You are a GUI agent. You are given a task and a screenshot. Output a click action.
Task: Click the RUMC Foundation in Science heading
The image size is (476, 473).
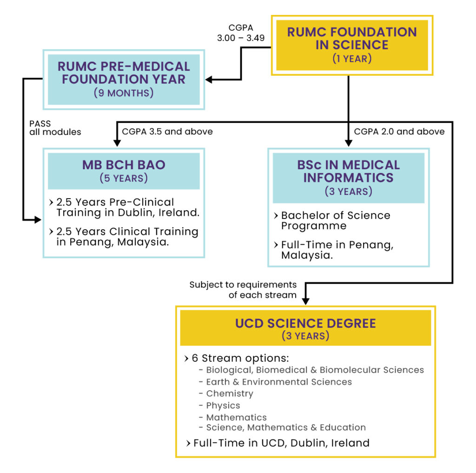pyautogui.click(x=352, y=39)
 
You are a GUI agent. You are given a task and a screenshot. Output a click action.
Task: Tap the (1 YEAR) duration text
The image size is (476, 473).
pyautogui.click(x=352, y=59)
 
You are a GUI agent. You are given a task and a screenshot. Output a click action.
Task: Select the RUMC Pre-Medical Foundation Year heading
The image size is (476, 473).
pyautogui.click(x=124, y=73)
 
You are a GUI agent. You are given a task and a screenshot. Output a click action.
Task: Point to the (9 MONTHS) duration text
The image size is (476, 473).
pyautogui.click(x=124, y=93)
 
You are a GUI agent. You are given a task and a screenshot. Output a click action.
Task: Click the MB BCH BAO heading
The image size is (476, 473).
pyautogui.click(x=124, y=165)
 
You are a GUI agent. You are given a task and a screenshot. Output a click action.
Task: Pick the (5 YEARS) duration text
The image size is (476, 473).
pyautogui.click(x=124, y=178)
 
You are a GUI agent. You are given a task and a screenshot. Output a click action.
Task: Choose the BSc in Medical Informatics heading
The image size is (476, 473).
pyautogui.click(x=348, y=171)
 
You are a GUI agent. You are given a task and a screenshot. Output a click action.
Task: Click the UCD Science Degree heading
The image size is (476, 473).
pyautogui.click(x=305, y=323)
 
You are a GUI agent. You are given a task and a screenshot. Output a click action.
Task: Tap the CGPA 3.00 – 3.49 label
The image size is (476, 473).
pyautogui.click(x=241, y=33)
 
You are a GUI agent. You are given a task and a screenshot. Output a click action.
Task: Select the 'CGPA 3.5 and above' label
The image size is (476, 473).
pyautogui.click(x=167, y=132)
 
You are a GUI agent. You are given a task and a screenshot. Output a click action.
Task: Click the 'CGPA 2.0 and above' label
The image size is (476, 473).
pyautogui.click(x=399, y=132)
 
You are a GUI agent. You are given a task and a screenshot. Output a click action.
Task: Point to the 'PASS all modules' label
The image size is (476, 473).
pyautogui.click(x=55, y=128)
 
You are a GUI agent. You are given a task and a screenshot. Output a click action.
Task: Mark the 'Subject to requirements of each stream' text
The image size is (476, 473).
pyautogui.click(x=243, y=289)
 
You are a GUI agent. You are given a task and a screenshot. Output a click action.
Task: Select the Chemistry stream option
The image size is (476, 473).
pyautogui.click(x=230, y=393)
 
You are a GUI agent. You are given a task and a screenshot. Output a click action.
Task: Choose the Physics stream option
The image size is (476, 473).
pyautogui.click(x=223, y=406)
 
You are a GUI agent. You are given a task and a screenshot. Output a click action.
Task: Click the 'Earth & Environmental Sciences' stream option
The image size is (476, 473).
pyautogui.click(x=279, y=382)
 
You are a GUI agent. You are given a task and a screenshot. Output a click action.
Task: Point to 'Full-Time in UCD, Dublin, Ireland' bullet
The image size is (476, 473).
pyautogui.click(x=281, y=443)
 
